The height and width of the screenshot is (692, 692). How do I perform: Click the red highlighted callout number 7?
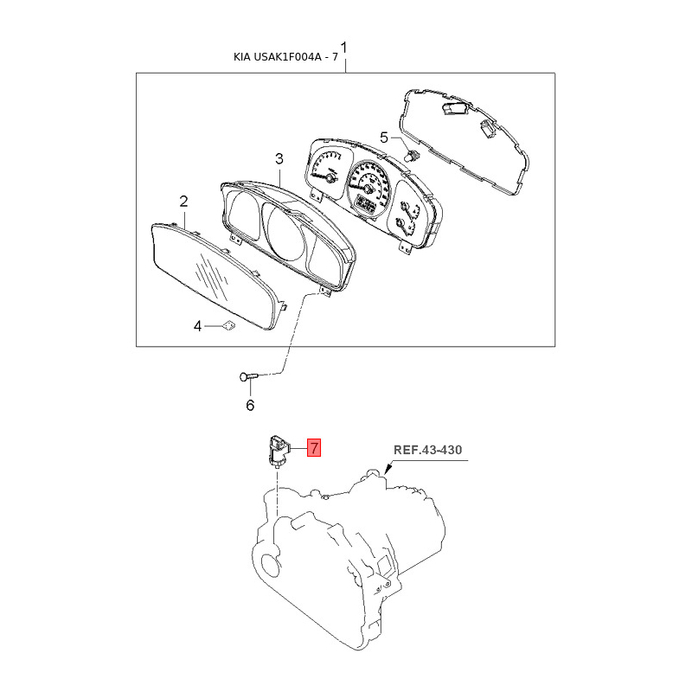(313, 448)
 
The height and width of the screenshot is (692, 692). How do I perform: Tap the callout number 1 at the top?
(343, 48)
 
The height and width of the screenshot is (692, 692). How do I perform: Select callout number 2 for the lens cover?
(183, 202)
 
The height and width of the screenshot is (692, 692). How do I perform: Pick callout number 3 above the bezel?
(279, 159)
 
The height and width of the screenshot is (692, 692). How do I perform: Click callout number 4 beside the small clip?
(198, 326)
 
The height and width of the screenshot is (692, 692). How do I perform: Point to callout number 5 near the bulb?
(384, 138)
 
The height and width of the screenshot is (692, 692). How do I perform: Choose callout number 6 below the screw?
(250, 405)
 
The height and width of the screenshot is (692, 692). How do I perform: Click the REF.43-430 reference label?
(427, 450)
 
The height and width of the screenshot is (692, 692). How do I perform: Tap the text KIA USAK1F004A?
(278, 57)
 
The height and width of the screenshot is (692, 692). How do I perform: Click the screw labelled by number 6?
(248, 376)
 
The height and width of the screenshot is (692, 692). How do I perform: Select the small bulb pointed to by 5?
(413, 156)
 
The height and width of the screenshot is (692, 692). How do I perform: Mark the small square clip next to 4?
(228, 326)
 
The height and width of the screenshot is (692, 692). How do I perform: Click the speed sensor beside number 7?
(278, 451)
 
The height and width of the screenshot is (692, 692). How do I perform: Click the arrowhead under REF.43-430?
(388, 469)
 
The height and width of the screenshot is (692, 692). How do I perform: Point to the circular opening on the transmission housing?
(270, 565)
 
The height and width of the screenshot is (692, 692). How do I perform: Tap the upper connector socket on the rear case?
(454, 108)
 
